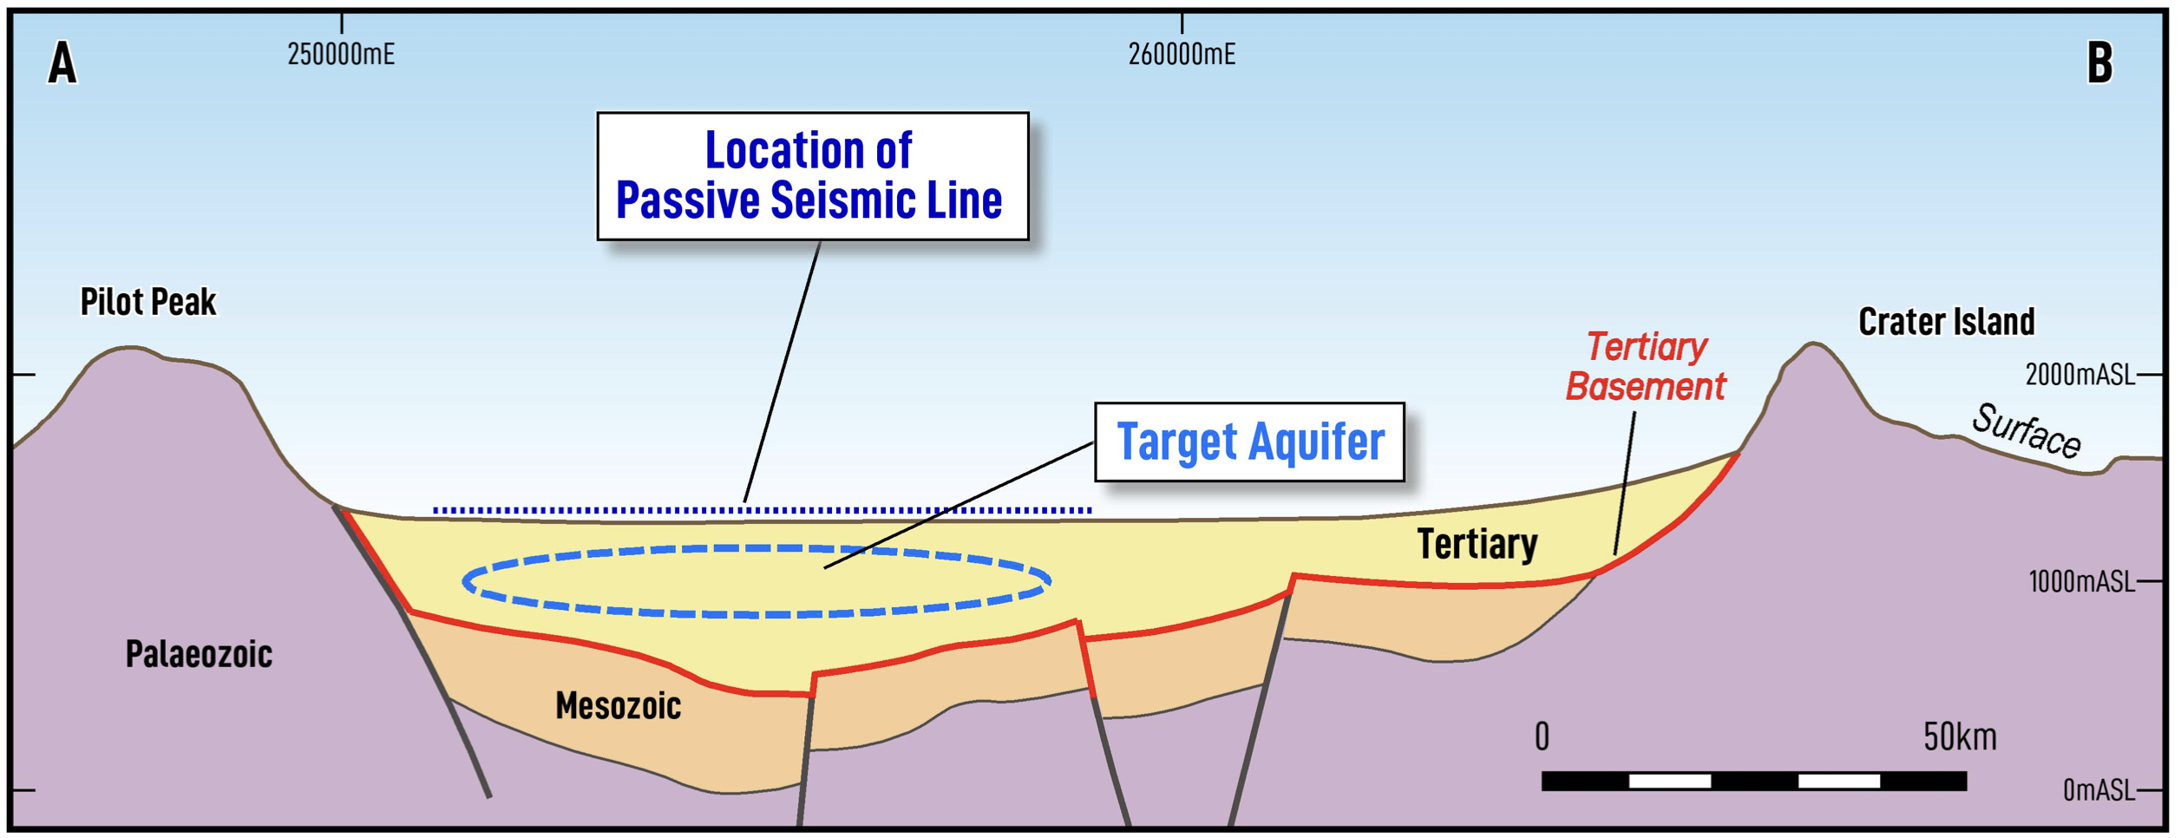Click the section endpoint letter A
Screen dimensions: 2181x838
pyautogui.click(x=62, y=64)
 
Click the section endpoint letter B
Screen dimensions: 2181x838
pyautogui.click(x=2099, y=63)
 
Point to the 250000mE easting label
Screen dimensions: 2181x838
pyautogui.click(x=341, y=55)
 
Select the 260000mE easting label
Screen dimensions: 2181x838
pyautogui.click(x=1182, y=55)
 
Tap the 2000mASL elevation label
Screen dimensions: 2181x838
pyautogui.click(x=2079, y=375)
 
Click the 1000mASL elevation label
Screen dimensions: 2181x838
pyautogui.click(x=2081, y=581)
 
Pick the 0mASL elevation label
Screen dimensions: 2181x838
pyautogui.click(x=2099, y=789)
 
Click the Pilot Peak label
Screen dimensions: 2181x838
pyautogui.click(x=148, y=302)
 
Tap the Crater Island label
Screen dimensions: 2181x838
pyautogui.click(x=1946, y=322)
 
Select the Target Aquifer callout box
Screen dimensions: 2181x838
pyautogui.click(x=1249, y=442)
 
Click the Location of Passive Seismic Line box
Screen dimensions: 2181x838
pyautogui.click(x=813, y=176)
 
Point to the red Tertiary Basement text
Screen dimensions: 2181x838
pyautogui.click(x=1646, y=367)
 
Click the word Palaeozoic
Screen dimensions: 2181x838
pyautogui.click(x=199, y=654)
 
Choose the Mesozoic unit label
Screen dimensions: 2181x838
pyautogui.click(x=618, y=706)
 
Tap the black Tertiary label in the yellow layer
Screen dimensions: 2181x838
pyautogui.click(x=1477, y=545)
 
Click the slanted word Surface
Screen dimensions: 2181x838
pyautogui.click(x=2027, y=431)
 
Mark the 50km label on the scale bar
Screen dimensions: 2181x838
pyautogui.click(x=1960, y=737)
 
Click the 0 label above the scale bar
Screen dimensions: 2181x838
pyautogui.click(x=1542, y=737)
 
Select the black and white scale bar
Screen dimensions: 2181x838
pyautogui.click(x=1754, y=781)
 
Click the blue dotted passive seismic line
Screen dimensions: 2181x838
pyautogui.click(x=763, y=510)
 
